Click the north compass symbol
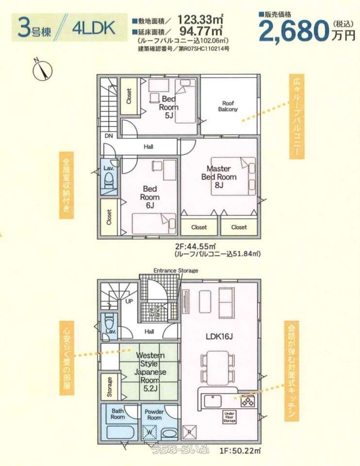[x=42, y=69]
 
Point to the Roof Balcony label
[x=228, y=106]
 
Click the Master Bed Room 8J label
[x=219, y=177]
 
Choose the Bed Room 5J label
[x=169, y=107]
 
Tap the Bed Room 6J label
[x=150, y=197]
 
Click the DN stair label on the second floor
[x=109, y=136]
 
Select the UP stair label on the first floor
[x=129, y=301]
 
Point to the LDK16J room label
[x=219, y=336]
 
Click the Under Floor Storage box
[x=229, y=416]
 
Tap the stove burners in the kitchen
[x=248, y=401]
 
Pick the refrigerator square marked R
[x=190, y=433]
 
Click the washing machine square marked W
[x=150, y=431]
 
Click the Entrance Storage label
[x=176, y=270]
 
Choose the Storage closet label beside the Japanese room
[x=110, y=387]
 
